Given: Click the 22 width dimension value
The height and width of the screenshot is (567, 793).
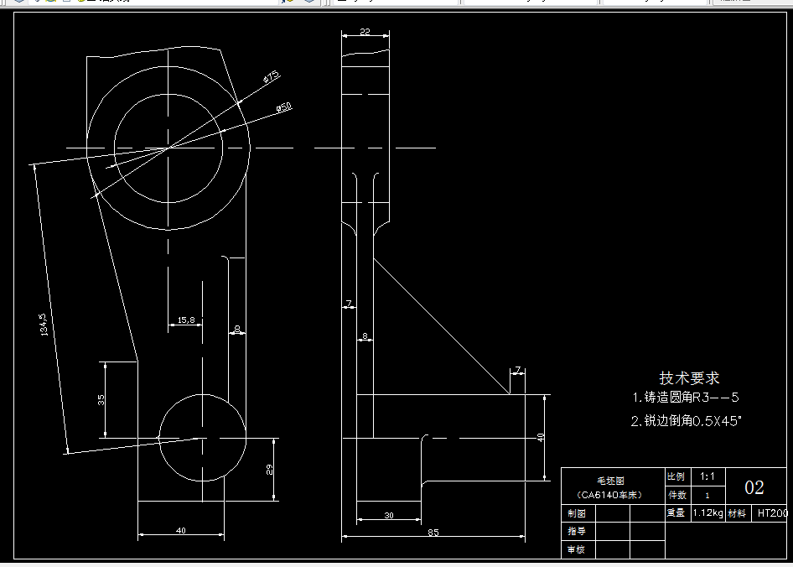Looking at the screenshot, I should click(x=365, y=31).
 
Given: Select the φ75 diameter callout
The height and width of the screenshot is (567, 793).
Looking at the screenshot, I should click(x=271, y=78).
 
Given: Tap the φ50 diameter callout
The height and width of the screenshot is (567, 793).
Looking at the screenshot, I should click(x=284, y=107).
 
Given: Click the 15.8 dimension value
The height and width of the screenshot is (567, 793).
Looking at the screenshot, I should click(x=185, y=320).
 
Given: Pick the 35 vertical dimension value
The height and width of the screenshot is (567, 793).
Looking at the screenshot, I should click(x=101, y=399).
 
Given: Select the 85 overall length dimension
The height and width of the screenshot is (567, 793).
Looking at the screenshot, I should click(x=433, y=532).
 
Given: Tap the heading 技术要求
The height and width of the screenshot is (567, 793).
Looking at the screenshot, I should click(x=689, y=378).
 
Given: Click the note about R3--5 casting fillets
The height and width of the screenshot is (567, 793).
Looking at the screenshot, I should click(x=686, y=398).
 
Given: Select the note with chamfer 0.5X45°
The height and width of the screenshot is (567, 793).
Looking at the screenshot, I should click(x=687, y=421).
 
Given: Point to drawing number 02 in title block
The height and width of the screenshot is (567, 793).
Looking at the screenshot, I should click(x=754, y=488).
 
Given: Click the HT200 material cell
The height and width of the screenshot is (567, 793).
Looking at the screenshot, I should click(x=772, y=513).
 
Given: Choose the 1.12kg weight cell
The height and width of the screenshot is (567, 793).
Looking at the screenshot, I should click(x=708, y=513).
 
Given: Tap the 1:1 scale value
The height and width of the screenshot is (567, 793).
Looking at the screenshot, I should click(x=707, y=476).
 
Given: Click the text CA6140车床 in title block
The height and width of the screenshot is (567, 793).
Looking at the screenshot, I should click(x=611, y=495).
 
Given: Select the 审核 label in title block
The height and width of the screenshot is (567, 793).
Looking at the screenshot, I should click(x=576, y=549).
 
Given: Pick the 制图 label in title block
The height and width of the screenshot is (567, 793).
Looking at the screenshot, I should click(x=576, y=513).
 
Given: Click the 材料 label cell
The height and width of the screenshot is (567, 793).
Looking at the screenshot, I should click(x=738, y=513).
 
